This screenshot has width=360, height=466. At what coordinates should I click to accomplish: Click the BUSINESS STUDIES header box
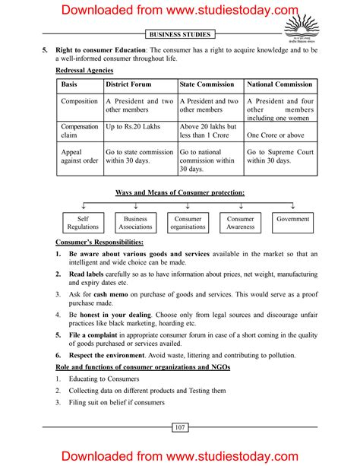pyautogui.click(x=180, y=34)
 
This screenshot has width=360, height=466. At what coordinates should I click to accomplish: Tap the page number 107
pyautogui.click(x=180, y=429)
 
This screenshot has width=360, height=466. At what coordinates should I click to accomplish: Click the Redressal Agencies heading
pyautogui.click(x=84, y=70)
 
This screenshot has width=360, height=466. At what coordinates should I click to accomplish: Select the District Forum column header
pyautogui.click(x=128, y=84)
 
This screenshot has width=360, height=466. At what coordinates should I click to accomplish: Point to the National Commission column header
pyautogui.click(x=279, y=84)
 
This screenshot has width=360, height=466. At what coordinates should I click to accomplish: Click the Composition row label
pyautogui.click(x=80, y=101)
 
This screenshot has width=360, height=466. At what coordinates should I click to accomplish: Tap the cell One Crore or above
pyautogui.click(x=276, y=135)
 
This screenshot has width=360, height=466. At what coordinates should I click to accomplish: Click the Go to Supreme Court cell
pyautogui.click(x=279, y=156)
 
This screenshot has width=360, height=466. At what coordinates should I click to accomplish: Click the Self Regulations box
pyautogui.click(x=83, y=223)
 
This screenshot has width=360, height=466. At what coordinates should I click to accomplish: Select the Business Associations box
pyautogui.click(x=135, y=223)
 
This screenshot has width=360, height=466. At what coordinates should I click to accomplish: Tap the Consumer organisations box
pyautogui.click(x=188, y=223)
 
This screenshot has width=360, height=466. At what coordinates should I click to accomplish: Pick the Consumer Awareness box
pyautogui.click(x=241, y=223)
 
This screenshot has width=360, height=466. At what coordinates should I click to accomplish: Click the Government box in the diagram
pyautogui.click(x=293, y=219)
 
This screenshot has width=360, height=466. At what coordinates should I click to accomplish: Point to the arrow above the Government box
pyautogui.click(x=293, y=206)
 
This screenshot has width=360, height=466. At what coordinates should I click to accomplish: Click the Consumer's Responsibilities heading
pyautogui.click(x=99, y=241)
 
